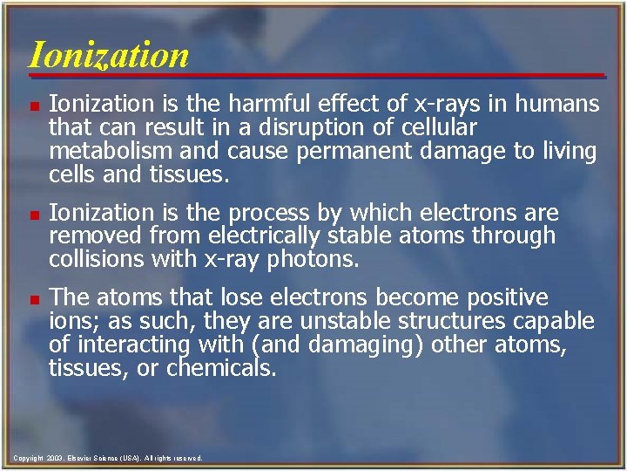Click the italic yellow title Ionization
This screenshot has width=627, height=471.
108,55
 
